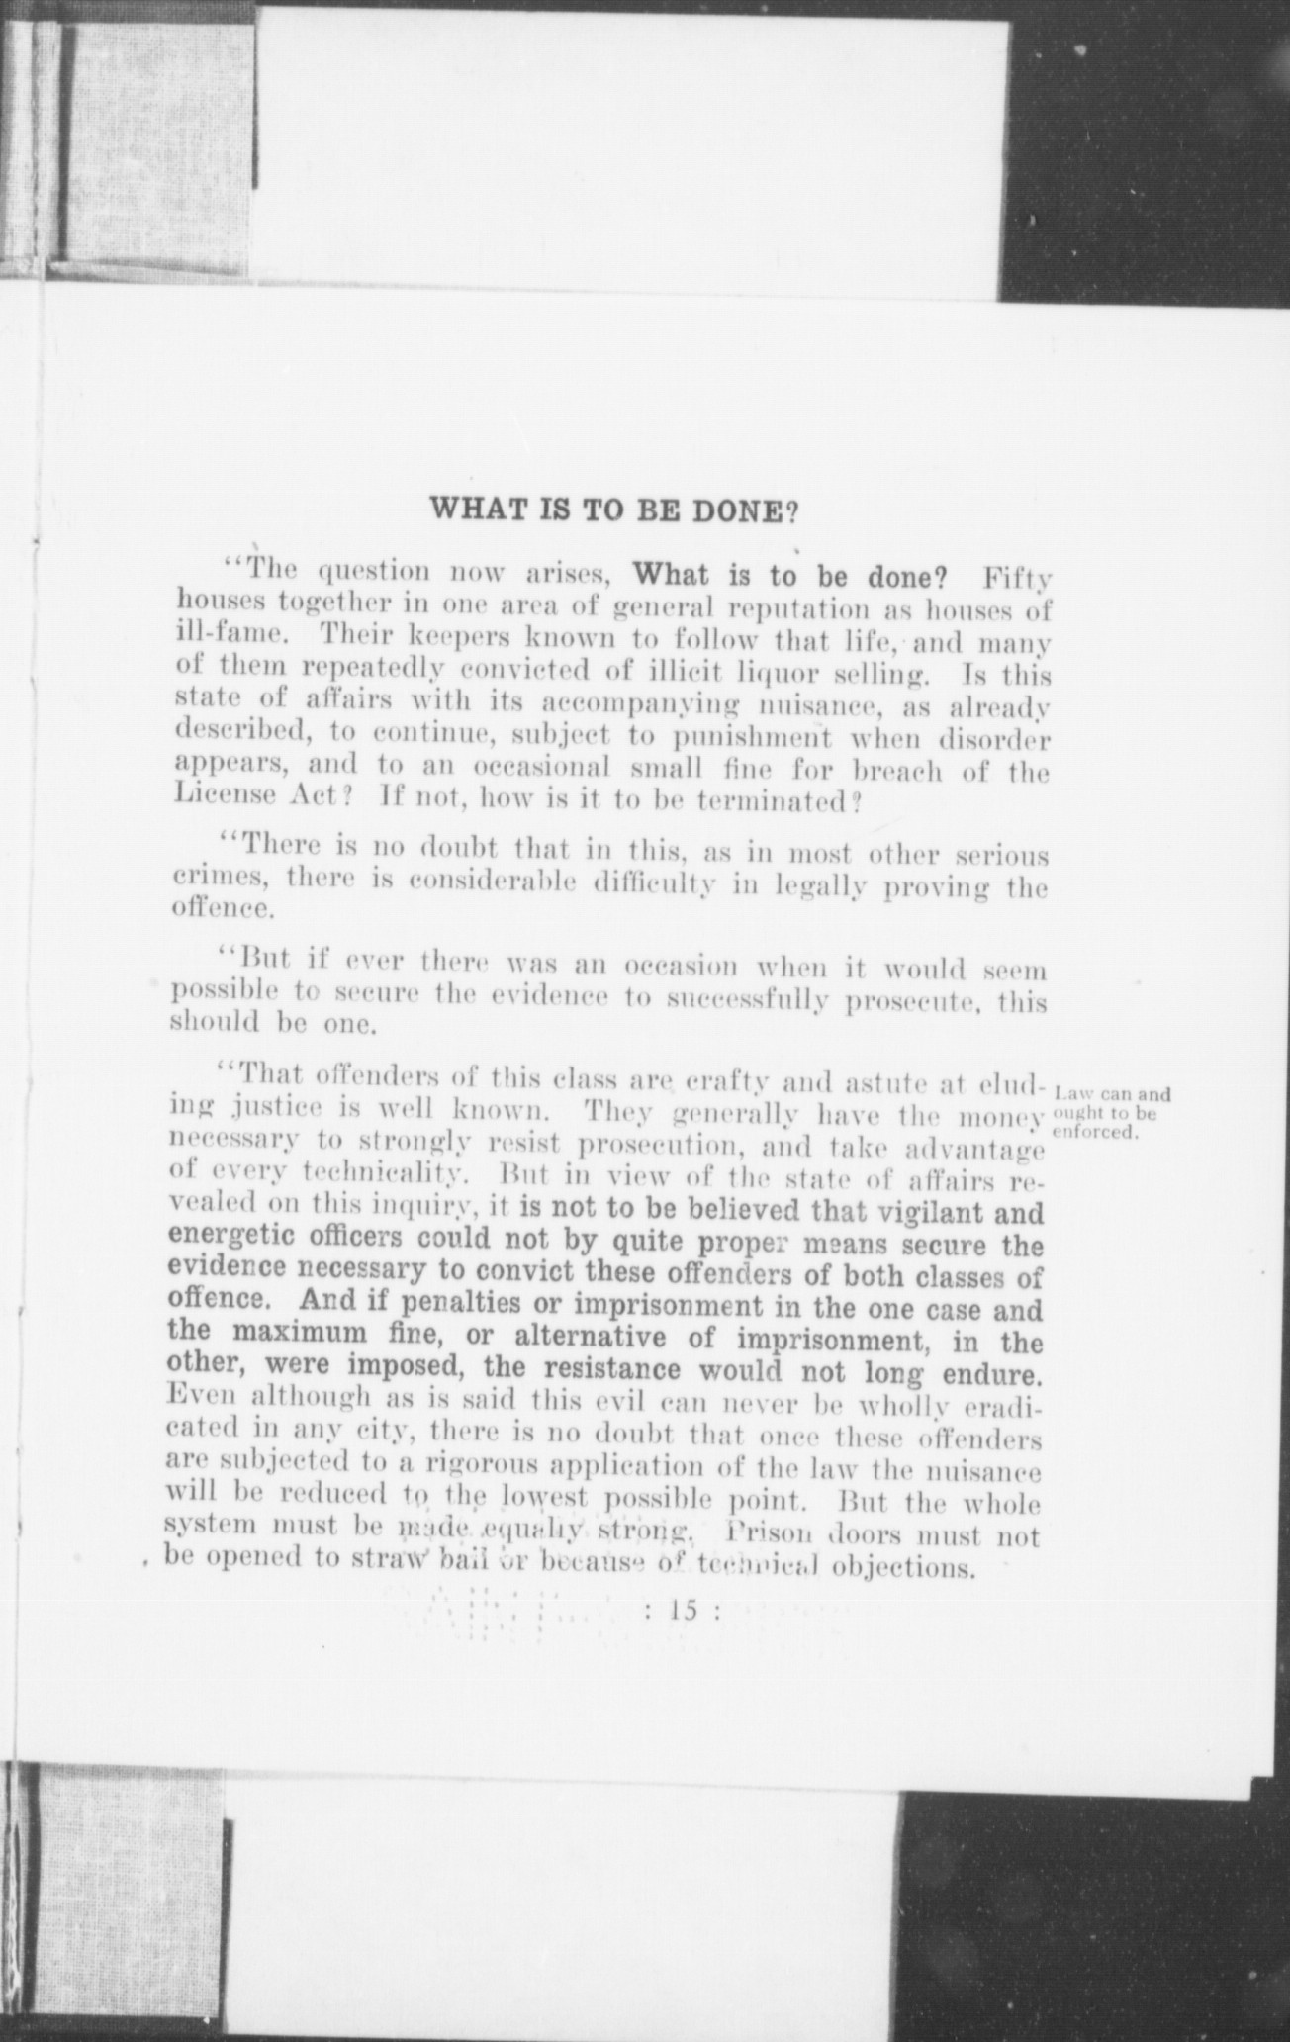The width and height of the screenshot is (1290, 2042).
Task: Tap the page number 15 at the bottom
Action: pos(684,1610)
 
